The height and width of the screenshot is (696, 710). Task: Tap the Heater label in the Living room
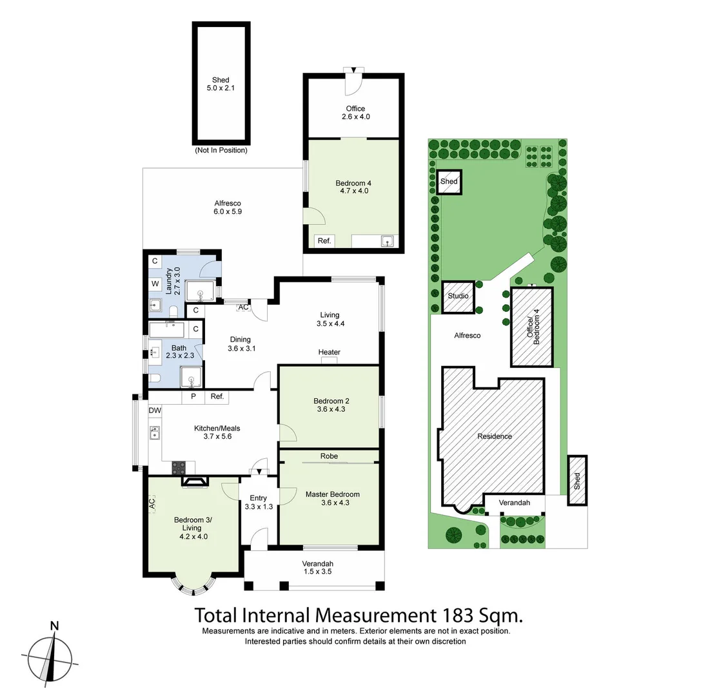click(329, 352)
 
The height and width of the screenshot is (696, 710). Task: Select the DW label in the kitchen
click(155, 411)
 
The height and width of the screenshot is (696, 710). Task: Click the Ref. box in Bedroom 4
click(324, 241)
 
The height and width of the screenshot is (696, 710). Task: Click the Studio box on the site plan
click(459, 296)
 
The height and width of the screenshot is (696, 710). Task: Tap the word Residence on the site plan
click(495, 436)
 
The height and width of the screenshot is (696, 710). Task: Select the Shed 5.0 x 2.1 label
click(221, 84)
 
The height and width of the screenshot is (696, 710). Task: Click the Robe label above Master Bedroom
click(328, 456)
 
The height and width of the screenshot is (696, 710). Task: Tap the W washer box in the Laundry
click(155, 284)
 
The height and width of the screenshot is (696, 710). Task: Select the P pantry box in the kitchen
click(193, 397)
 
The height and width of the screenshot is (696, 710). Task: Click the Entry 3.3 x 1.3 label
click(258, 502)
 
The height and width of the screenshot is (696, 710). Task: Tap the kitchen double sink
click(155, 433)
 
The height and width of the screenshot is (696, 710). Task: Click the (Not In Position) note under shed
click(221, 150)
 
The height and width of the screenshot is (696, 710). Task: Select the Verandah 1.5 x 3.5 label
click(317, 567)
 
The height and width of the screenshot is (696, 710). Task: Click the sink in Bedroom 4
click(388, 241)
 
